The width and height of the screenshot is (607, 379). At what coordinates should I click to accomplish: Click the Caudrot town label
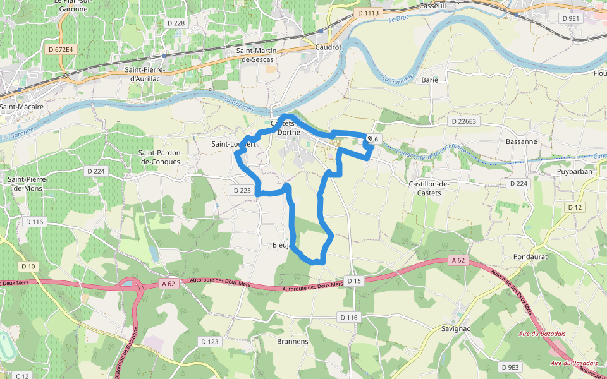pyautogui.click(x=328, y=47)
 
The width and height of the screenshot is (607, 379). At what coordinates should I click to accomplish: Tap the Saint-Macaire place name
pyautogui.click(x=22, y=107)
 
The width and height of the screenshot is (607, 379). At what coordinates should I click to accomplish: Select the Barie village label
pyautogui.click(x=430, y=80)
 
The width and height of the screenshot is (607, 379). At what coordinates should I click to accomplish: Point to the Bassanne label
pyautogui.click(x=521, y=141)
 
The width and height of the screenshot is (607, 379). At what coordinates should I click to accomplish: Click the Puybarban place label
pyautogui.click(x=557, y=171)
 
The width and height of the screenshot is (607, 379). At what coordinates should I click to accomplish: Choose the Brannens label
pyautogui.click(x=293, y=341)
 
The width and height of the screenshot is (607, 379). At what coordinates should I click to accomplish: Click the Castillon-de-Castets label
pyautogui.click(x=429, y=188)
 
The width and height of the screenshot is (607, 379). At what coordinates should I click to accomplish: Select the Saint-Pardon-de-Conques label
pyautogui.click(x=160, y=157)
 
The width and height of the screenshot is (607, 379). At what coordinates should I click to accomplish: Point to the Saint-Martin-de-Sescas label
pyautogui.click(x=259, y=54)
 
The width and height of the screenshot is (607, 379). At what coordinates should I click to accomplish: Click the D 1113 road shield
pyautogui.click(x=367, y=13)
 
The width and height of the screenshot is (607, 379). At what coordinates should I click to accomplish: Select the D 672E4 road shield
pyautogui.click(x=61, y=49)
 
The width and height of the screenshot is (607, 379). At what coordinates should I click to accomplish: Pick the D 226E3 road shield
pyautogui.click(x=463, y=120)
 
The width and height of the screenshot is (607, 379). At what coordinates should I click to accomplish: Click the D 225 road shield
pyautogui.click(x=242, y=190)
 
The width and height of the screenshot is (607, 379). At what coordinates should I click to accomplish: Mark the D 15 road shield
pyautogui.click(x=353, y=280)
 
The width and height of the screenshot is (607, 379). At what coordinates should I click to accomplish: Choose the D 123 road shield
pyautogui.click(x=209, y=341)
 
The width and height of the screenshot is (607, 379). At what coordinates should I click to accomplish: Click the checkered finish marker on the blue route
pyautogui.click(x=370, y=138)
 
